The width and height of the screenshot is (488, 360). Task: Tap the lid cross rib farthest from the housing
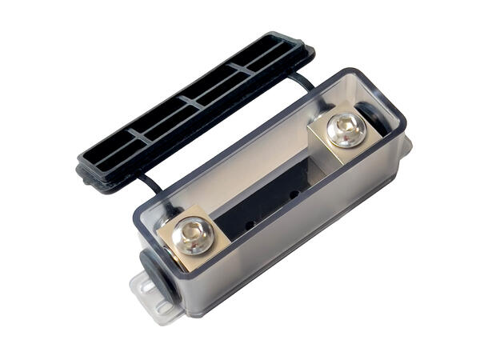[x=138, y=137]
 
